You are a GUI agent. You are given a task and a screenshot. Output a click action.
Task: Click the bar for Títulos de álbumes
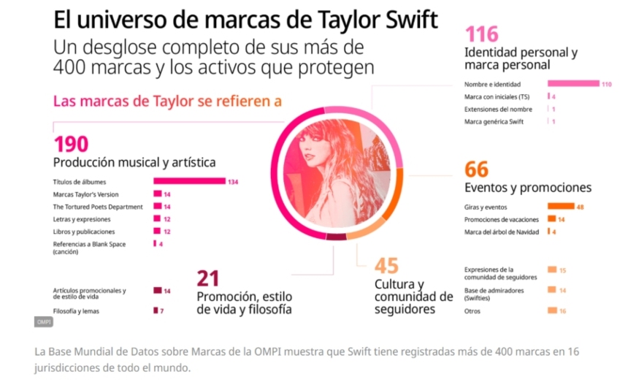point(189,181)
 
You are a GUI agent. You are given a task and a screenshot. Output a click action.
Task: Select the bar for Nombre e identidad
point(573,84)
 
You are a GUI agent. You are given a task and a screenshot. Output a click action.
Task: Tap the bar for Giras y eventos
point(561,207)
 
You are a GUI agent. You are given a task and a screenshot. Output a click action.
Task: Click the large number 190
point(71,144)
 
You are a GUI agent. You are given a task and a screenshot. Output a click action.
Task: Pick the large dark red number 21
point(207,278)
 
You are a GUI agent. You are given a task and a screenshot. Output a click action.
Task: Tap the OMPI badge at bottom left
point(43,322)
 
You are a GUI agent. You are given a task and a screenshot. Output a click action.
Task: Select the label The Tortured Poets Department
point(98,207)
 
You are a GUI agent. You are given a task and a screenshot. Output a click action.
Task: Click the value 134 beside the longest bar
point(234,182)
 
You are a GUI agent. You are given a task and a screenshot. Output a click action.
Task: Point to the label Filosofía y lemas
point(76,311)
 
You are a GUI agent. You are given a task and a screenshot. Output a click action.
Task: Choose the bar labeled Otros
point(552,311)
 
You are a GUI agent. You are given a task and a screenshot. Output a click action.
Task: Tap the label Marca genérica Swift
point(494,121)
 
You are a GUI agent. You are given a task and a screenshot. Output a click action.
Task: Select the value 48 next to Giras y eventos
point(580,207)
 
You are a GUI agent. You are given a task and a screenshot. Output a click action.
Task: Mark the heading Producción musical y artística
point(134,162)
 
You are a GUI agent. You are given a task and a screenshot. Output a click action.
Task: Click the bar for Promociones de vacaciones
point(551,219)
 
